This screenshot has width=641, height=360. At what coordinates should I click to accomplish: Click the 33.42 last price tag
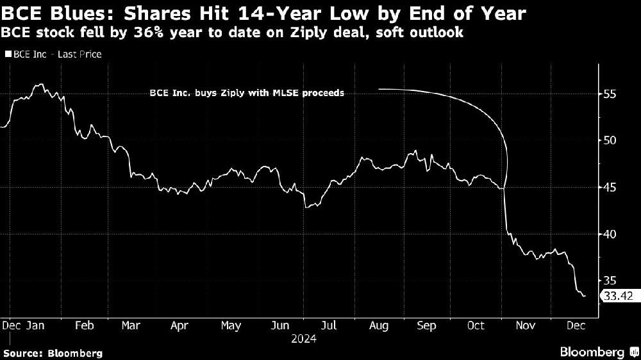617,295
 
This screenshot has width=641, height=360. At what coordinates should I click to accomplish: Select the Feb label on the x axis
85,326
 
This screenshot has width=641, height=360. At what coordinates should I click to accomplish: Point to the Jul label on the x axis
329,326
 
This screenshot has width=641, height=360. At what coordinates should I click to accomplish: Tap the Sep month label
427,326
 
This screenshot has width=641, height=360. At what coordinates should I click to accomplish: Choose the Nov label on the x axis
526,326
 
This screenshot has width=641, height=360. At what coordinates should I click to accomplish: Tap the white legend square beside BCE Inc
7,54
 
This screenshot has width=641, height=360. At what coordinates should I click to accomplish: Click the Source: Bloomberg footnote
52,353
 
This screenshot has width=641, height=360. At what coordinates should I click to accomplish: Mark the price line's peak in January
40,84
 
